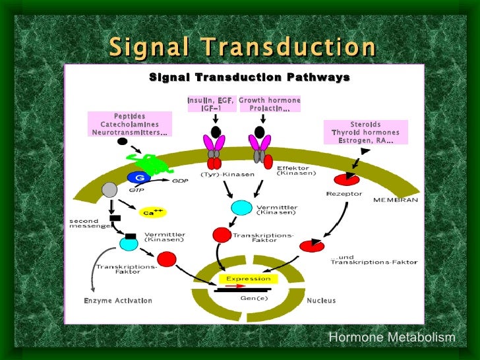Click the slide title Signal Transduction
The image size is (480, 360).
pyautogui.click(x=242, y=47)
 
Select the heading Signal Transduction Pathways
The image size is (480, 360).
pyautogui.click(x=249, y=78)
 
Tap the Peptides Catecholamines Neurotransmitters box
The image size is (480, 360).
pyautogui.click(x=129, y=124)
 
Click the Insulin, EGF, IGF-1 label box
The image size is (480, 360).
pyautogui.click(x=210, y=104)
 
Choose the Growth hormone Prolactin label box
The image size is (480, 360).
pyautogui.click(x=269, y=104)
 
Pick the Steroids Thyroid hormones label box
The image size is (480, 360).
pyautogui.click(x=365, y=132)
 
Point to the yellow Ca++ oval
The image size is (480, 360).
pyautogui.click(x=152, y=212)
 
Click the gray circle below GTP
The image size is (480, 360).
pyautogui.click(x=109, y=190)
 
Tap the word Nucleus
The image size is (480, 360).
pyautogui.click(x=321, y=301)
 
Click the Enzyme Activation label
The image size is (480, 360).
pyautogui.click(x=118, y=301)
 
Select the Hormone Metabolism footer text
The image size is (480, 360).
pyautogui.click(x=392, y=338)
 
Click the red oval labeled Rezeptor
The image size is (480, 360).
pyautogui.click(x=347, y=179)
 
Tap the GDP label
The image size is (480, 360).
pyautogui.click(x=180, y=180)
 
